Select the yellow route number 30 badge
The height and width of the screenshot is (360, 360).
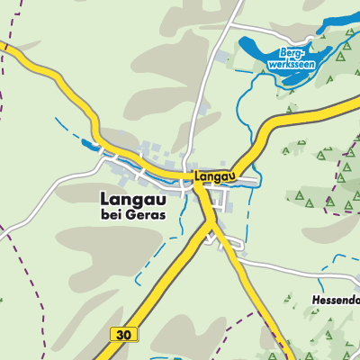click(x=126, y=334)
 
